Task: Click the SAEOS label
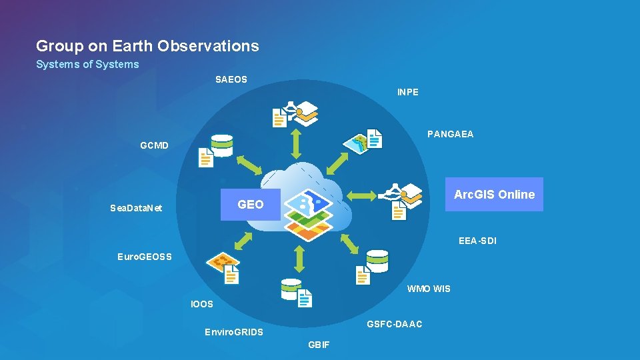point(231,79)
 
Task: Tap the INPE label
point(408,92)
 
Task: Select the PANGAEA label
point(451,134)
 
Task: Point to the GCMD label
point(155,145)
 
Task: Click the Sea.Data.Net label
point(136,208)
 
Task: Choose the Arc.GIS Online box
point(494,195)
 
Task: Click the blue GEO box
point(251,205)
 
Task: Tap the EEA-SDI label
point(477,241)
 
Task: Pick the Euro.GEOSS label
point(145,257)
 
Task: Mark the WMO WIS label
point(429,289)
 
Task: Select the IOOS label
point(202,304)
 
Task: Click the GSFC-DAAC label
point(395,324)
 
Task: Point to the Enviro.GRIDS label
point(234,332)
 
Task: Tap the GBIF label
point(319,345)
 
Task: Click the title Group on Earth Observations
point(147,46)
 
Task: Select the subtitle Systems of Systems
point(87,65)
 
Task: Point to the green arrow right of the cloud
point(363,196)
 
